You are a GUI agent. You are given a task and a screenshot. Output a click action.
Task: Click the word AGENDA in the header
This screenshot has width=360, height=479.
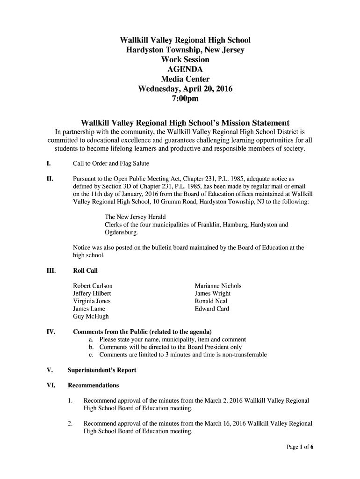point(185,69)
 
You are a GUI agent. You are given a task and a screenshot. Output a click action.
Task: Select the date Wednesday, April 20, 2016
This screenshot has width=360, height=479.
point(185,89)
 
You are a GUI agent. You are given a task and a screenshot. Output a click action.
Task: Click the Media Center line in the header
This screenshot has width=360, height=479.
point(185,79)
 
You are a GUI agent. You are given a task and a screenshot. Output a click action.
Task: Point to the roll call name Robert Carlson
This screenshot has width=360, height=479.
point(93,286)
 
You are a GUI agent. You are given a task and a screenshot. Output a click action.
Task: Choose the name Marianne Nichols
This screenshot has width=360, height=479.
point(218,286)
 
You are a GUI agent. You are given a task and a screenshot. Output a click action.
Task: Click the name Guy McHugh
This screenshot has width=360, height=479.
point(91,317)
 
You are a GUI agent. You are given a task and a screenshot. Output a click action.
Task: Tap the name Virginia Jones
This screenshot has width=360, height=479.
point(92,301)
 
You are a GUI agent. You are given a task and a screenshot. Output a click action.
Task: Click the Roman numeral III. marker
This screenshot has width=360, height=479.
point(51,271)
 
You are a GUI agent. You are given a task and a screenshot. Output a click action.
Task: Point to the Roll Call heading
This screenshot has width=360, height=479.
point(85,271)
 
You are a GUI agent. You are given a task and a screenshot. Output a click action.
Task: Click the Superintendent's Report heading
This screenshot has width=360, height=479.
point(102,370)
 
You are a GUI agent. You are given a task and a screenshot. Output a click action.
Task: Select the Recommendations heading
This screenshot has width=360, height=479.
point(94,385)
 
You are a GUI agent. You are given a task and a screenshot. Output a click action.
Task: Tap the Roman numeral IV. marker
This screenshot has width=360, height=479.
point(51,332)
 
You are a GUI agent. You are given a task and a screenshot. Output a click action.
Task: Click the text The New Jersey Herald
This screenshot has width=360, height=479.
point(135,217)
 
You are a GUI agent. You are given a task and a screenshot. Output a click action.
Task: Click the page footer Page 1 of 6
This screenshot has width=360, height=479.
point(300,447)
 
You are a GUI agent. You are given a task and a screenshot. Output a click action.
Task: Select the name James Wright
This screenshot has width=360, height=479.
point(212,294)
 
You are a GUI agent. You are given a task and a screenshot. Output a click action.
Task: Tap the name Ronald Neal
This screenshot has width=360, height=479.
point(211,301)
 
